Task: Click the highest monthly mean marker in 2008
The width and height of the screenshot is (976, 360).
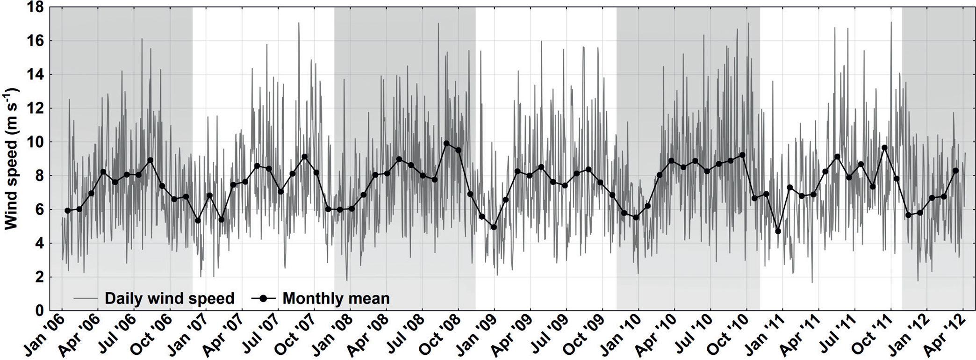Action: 446,144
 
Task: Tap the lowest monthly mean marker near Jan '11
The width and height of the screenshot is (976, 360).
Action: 778,231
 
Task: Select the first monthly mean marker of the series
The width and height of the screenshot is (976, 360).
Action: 67,211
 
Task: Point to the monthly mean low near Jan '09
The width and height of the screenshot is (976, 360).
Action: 494,227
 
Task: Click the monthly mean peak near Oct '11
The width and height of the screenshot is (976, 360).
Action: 884,148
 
